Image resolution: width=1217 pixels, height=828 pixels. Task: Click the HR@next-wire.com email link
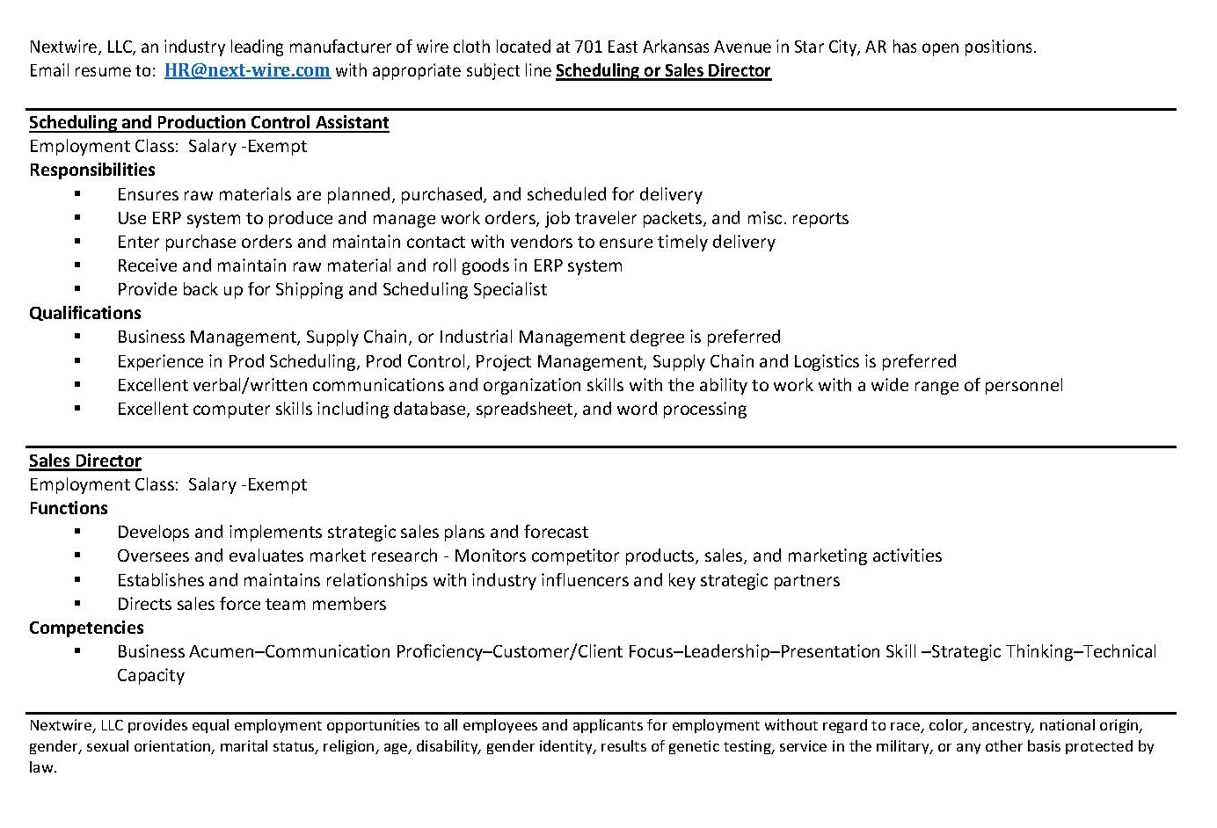[x=247, y=70]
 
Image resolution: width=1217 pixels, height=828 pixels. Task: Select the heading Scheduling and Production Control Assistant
[x=208, y=122]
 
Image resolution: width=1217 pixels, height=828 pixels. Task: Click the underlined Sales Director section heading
[x=84, y=461]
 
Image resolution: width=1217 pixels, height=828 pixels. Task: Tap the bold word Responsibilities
[x=91, y=170]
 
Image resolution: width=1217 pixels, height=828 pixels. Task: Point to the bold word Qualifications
[x=84, y=313]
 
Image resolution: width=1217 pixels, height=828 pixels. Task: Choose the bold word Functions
[x=68, y=508]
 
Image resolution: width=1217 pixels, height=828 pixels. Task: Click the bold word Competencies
[x=86, y=628]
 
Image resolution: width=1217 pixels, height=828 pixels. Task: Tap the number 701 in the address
[x=589, y=47]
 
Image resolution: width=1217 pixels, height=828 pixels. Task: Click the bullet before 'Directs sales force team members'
[x=77, y=604]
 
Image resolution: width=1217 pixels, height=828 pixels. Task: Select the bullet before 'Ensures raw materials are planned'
[x=77, y=193]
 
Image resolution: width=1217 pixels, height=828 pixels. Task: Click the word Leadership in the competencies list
[x=726, y=651]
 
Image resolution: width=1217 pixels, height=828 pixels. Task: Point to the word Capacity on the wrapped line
[x=150, y=675]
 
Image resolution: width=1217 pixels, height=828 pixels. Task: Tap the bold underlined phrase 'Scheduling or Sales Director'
[x=663, y=70]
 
